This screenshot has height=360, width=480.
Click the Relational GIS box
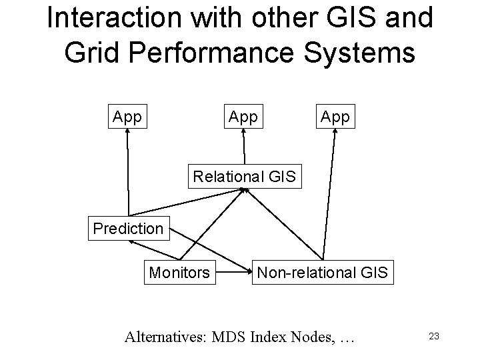click(x=246, y=177)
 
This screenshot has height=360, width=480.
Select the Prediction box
click(x=129, y=229)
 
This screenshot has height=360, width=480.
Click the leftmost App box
click(x=127, y=117)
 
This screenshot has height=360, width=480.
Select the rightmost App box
click(x=335, y=117)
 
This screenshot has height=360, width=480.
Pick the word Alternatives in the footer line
click(x=165, y=337)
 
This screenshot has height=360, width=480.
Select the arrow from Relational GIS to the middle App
click(x=245, y=147)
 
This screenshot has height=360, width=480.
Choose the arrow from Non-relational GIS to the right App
click(x=327, y=193)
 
